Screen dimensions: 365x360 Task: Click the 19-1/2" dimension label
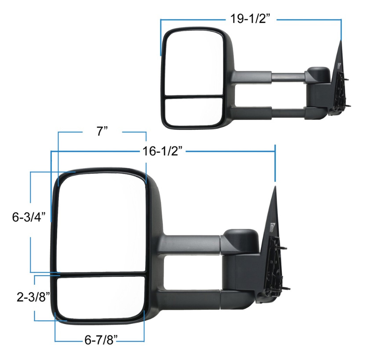250,18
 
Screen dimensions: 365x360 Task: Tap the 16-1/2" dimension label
162,151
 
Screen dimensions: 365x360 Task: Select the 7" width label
102,131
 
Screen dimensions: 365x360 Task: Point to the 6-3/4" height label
29,217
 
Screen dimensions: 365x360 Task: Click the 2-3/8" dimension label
33,297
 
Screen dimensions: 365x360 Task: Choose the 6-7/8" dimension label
101,340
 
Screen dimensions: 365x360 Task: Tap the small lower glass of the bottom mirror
101,298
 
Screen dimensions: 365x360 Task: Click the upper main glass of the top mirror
194,63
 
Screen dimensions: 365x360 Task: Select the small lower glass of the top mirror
193,112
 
